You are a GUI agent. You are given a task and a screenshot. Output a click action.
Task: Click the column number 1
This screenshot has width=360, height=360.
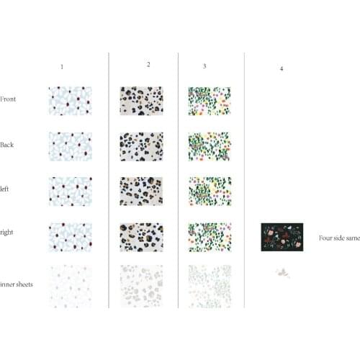(62, 67)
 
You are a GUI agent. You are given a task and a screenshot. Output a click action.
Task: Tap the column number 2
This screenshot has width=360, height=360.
(148, 64)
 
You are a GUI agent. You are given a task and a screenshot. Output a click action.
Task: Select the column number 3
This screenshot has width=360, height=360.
(204, 66)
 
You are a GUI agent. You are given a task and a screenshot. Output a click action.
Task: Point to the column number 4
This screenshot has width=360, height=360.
(282, 68)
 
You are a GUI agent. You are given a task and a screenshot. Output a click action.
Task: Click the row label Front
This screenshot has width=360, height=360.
(8, 99)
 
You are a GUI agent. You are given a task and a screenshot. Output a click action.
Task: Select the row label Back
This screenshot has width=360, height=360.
(7, 145)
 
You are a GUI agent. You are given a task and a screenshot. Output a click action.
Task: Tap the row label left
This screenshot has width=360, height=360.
(4, 189)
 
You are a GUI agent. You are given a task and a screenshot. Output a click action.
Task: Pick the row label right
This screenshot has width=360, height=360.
(6, 233)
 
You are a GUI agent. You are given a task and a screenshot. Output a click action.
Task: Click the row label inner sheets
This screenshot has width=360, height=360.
(17, 284)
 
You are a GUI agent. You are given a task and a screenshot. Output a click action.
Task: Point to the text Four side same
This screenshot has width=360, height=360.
(339, 238)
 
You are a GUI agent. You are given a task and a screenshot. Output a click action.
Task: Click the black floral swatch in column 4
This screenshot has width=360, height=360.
(282, 237)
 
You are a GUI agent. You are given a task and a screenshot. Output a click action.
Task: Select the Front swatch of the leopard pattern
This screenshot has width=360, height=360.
(141, 101)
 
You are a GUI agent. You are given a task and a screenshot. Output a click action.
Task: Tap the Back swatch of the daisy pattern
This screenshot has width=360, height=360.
(71, 146)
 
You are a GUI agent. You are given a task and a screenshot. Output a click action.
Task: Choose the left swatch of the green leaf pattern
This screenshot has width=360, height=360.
(210, 192)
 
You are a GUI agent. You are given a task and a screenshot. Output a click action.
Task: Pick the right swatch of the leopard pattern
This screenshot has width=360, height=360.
(141, 238)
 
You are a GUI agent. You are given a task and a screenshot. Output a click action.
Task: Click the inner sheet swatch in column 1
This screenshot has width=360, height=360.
(71, 287)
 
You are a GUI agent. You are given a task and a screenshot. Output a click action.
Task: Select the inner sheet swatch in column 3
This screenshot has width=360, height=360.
(210, 287)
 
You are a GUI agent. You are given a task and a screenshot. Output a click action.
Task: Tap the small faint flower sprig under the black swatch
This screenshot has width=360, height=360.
(283, 273)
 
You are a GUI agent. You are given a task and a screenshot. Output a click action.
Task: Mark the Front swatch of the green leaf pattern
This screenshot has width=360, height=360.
(210, 101)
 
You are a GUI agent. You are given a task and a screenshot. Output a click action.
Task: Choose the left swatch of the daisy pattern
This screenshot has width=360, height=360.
(71, 192)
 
